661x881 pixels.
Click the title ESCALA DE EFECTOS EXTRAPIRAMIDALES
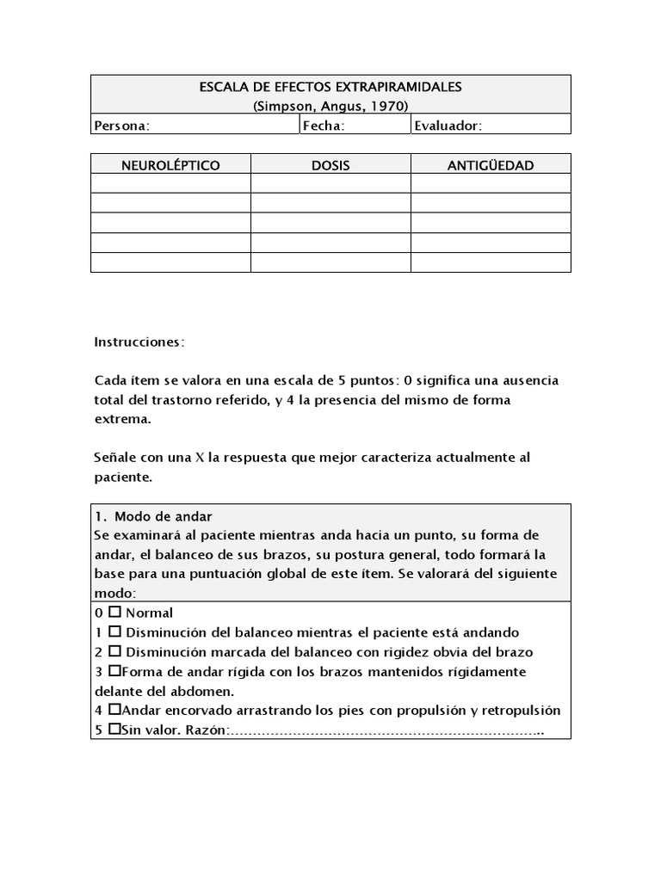(330, 87)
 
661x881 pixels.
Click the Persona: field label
(121, 126)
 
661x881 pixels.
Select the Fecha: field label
(324, 126)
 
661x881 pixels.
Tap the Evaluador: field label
(448, 126)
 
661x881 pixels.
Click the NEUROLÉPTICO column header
(170, 164)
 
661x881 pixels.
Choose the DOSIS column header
(330, 164)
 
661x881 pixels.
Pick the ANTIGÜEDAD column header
(491, 164)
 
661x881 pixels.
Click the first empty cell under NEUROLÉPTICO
(170, 183)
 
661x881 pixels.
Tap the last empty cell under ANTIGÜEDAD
(491, 262)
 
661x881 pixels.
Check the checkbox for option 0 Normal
(114, 613)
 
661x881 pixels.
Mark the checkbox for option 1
(114, 632)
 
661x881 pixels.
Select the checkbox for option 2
(114, 652)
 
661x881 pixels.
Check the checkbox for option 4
(114, 711)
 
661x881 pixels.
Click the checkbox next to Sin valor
(114, 730)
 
